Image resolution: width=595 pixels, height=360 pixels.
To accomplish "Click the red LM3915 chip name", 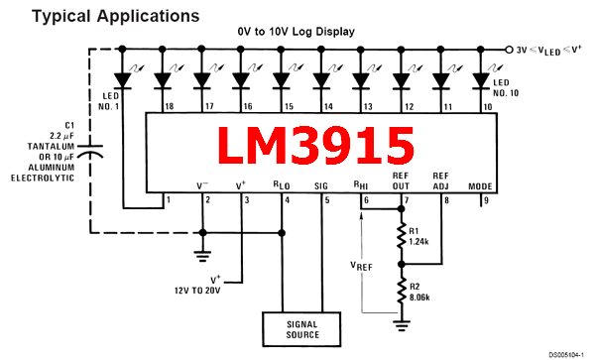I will coord(314,145).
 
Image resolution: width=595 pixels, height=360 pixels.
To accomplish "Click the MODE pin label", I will coord(481,184).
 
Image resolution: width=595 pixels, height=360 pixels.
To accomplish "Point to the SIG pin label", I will coord(322,184).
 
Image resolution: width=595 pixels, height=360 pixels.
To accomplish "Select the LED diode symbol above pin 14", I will coord(322,77).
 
